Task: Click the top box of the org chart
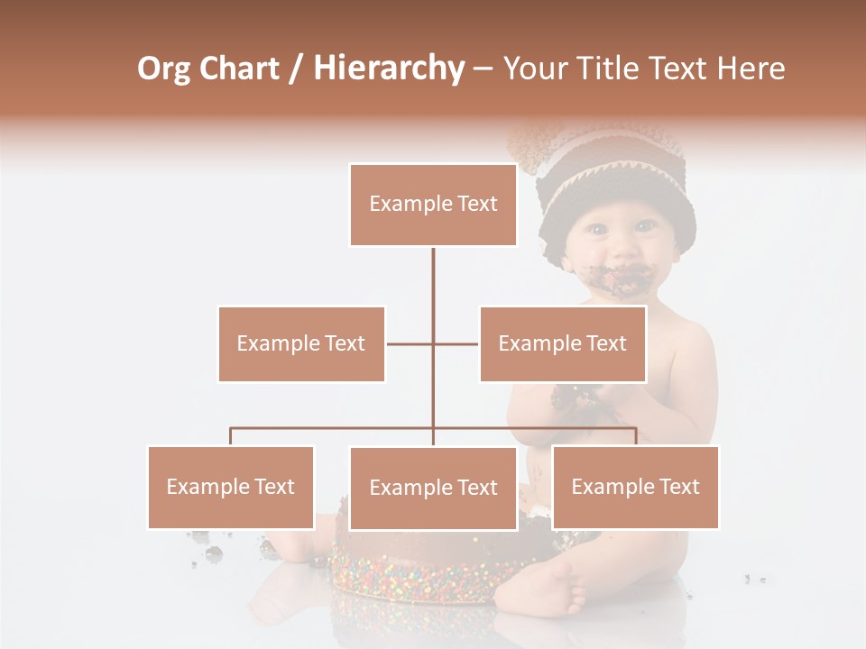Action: pos(433,205)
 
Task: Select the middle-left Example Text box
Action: pos(301,343)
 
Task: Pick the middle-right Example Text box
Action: pos(562,343)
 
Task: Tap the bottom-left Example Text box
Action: pos(231,487)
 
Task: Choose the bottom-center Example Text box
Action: pos(433,488)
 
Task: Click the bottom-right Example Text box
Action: pos(635,487)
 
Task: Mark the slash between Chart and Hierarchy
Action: pos(296,69)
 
